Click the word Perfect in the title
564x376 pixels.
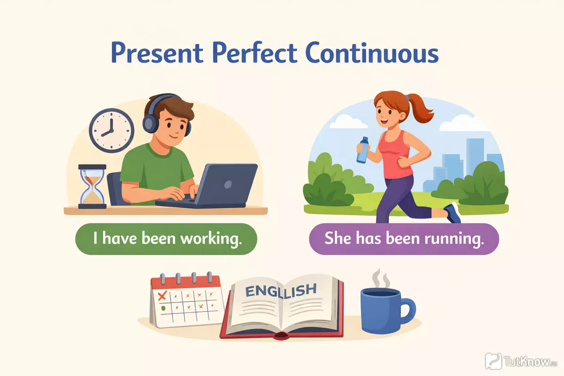click(255, 54)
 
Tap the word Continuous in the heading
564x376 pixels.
click(372, 54)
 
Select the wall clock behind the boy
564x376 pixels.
click(111, 131)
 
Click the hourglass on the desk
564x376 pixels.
click(92, 187)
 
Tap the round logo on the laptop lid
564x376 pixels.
click(228, 184)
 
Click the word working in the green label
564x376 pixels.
click(211, 238)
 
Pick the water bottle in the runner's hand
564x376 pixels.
click(362, 149)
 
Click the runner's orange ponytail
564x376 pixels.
click(421, 110)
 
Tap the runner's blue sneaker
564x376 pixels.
click(454, 213)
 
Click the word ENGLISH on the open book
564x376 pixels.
click(281, 290)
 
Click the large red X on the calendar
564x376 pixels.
click(162, 296)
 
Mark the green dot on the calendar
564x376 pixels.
click(163, 308)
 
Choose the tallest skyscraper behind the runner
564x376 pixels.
click(475, 157)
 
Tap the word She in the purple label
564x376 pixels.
click(338, 238)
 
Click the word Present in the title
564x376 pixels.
click(157, 54)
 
